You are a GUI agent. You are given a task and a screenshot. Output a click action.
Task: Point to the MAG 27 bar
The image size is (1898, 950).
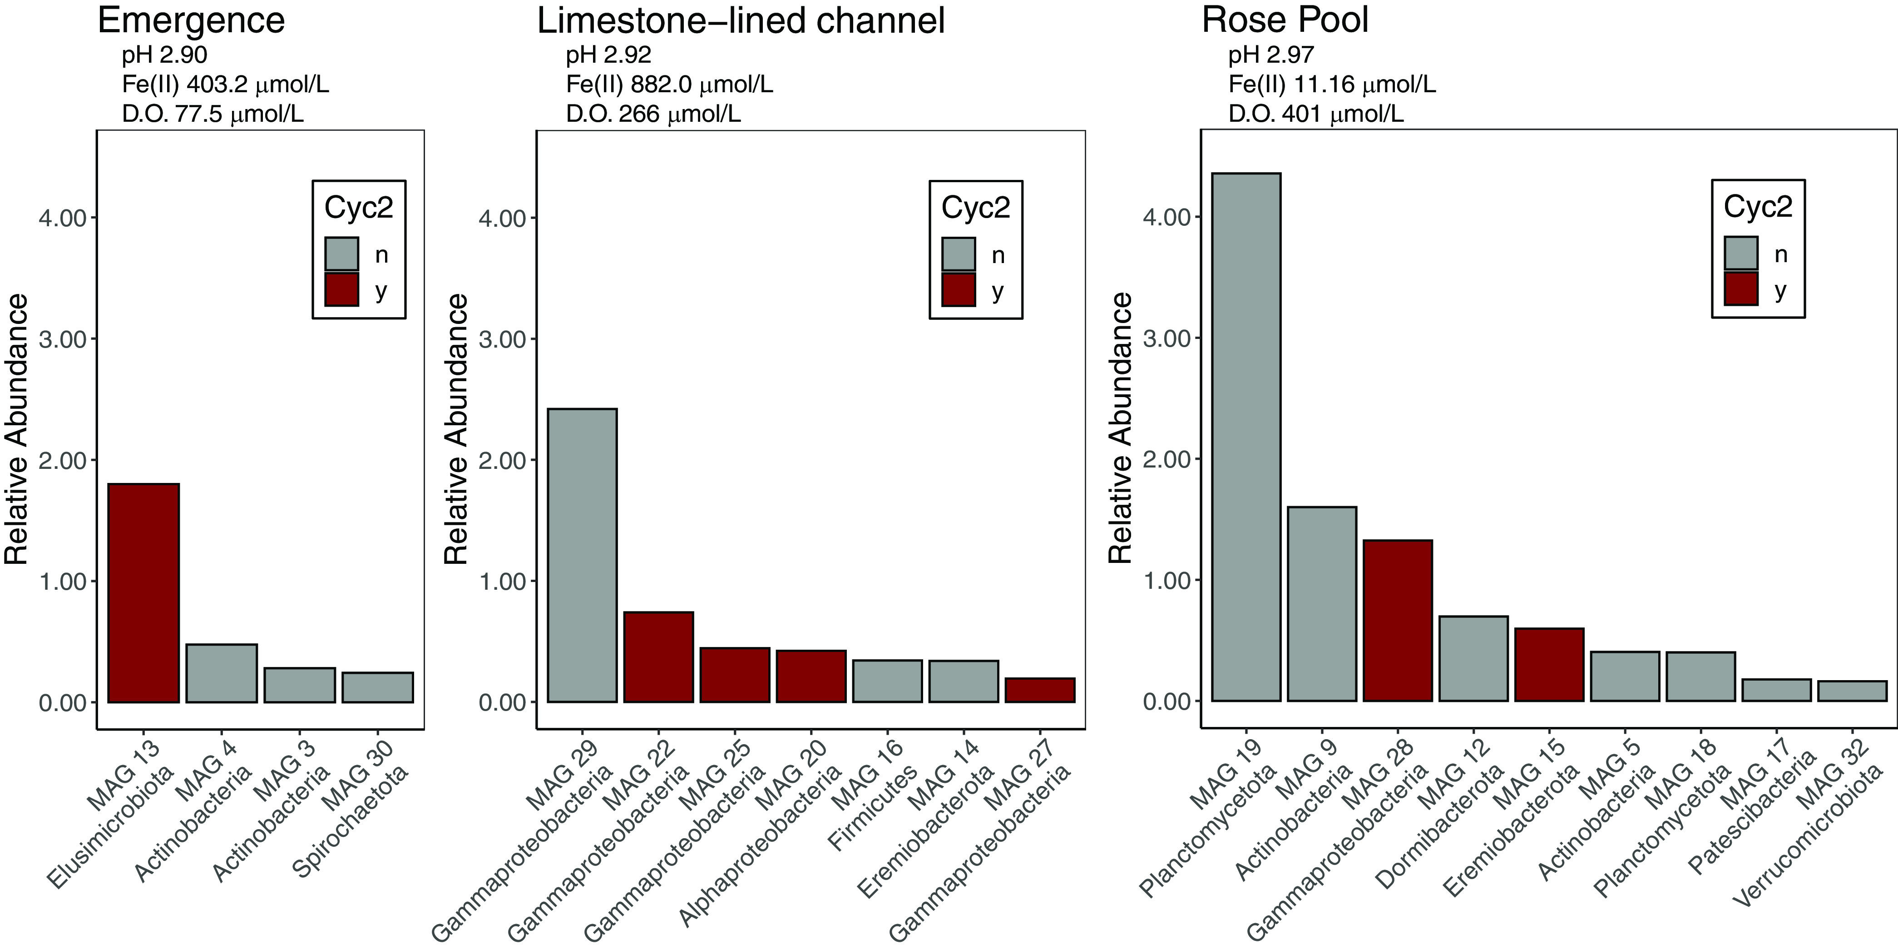tap(1040, 690)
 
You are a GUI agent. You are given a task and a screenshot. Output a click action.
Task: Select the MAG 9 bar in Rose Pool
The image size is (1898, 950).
tap(1322, 604)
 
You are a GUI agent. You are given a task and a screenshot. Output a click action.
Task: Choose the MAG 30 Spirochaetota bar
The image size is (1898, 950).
tap(377, 687)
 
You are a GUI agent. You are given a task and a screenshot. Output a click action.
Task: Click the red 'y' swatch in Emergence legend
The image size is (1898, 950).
tap(342, 290)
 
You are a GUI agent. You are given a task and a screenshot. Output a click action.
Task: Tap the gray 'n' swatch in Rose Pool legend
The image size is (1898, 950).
tap(1740, 254)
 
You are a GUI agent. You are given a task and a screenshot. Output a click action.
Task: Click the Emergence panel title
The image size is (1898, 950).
tap(191, 20)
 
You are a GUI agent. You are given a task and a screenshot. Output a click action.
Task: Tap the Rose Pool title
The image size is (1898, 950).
tap(1285, 20)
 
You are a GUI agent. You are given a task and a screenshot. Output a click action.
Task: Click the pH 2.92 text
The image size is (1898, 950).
tap(608, 55)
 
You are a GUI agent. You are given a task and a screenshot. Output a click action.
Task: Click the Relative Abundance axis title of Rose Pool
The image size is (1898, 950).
tap(1121, 428)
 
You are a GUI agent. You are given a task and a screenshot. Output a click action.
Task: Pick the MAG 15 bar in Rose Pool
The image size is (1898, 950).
tap(1549, 664)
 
